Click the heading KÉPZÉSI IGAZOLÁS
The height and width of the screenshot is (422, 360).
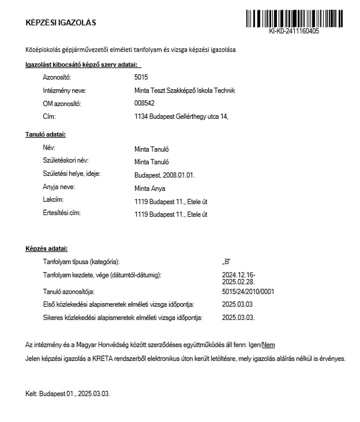pos(61,23)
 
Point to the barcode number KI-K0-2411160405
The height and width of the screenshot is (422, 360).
pos(294,32)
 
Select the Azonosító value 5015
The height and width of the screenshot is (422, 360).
pos(141,77)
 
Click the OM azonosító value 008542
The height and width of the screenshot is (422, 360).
pos(144,103)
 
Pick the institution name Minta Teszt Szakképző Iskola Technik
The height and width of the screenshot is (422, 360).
pos(184,90)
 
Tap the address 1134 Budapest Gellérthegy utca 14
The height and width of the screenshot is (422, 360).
pos(181,116)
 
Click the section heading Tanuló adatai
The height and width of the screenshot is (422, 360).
pos(46,134)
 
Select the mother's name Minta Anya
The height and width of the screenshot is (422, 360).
pos(149,188)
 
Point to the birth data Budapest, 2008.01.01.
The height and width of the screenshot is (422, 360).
pos(164,175)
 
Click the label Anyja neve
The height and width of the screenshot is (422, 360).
pos(59,187)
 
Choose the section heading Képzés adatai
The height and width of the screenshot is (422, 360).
pos(46,249)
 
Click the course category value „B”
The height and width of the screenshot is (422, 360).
pos(226,262)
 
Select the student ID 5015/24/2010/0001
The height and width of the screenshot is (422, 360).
pos(247,292)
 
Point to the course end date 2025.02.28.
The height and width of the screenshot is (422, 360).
pos(238,282)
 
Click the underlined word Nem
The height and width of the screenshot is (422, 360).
pos(268,345)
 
